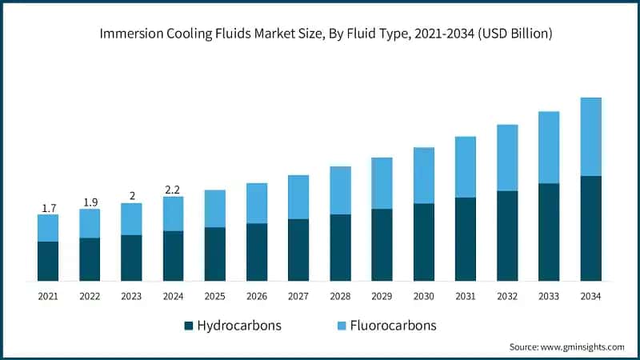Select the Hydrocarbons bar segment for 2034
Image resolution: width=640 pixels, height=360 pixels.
(590, 228)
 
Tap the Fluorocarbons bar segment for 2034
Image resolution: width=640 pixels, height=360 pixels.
(590, 136)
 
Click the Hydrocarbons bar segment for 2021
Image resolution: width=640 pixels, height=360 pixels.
(48, 261)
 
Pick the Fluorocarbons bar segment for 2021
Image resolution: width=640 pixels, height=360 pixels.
(48, 228)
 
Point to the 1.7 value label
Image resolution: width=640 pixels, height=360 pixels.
(48, 208)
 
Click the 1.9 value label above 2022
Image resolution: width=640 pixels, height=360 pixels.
(90, 202)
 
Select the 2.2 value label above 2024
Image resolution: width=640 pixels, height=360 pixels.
(173, 190)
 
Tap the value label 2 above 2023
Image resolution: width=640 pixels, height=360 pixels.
(131, 196)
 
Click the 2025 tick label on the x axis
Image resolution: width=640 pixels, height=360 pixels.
(215, 296)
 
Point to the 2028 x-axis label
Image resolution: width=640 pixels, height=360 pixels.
(340, 296)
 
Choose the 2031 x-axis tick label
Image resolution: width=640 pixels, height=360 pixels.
(465, 296)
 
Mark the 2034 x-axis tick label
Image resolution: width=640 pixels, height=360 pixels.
(590, 296)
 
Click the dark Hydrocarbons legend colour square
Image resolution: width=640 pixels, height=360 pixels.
(189, 326)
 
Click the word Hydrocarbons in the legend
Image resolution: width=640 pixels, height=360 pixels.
(239, 326)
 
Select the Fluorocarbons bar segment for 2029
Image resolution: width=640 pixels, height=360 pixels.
(382, 183)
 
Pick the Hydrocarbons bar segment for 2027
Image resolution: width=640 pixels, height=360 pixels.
(298, 250)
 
